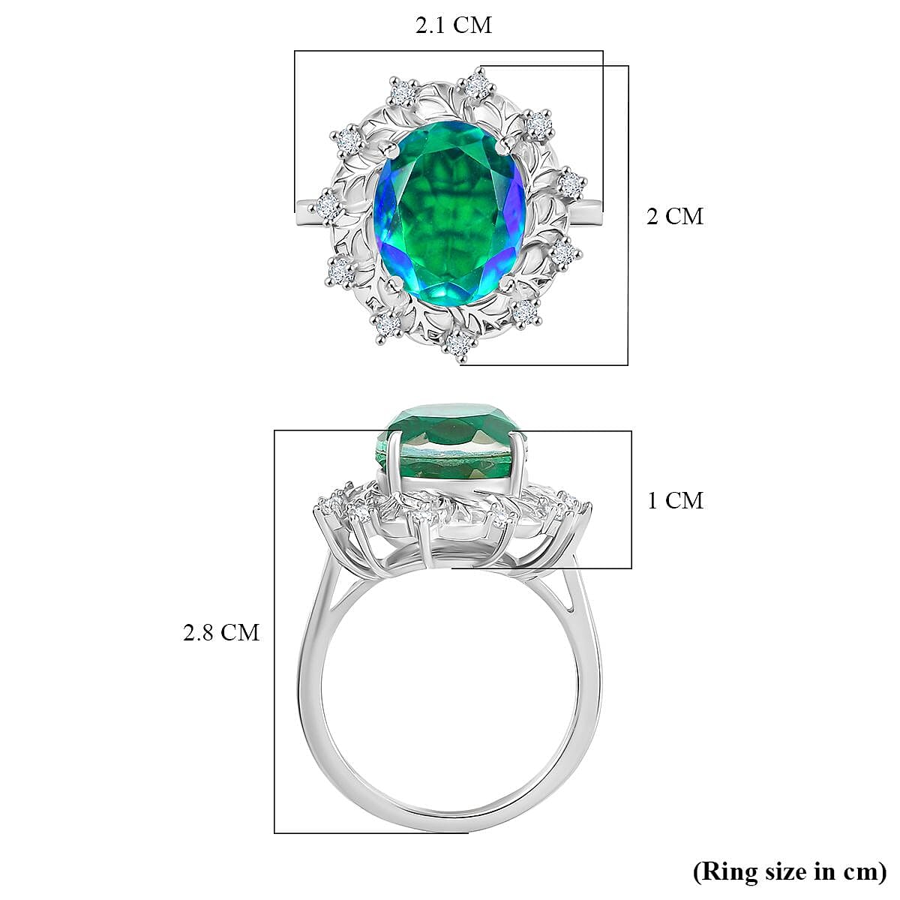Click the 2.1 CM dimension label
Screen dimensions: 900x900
pos(454,25)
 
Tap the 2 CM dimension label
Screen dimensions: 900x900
pos(675,216)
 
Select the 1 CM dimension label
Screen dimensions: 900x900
pos(675,500)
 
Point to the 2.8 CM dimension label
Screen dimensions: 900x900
pos(221,632)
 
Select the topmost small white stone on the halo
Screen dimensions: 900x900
pos(475,85)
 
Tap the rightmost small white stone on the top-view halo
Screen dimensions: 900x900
pos(571,183)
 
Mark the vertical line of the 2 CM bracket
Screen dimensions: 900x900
pos(628,216)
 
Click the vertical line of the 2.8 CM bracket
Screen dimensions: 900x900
pos(274,632)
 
